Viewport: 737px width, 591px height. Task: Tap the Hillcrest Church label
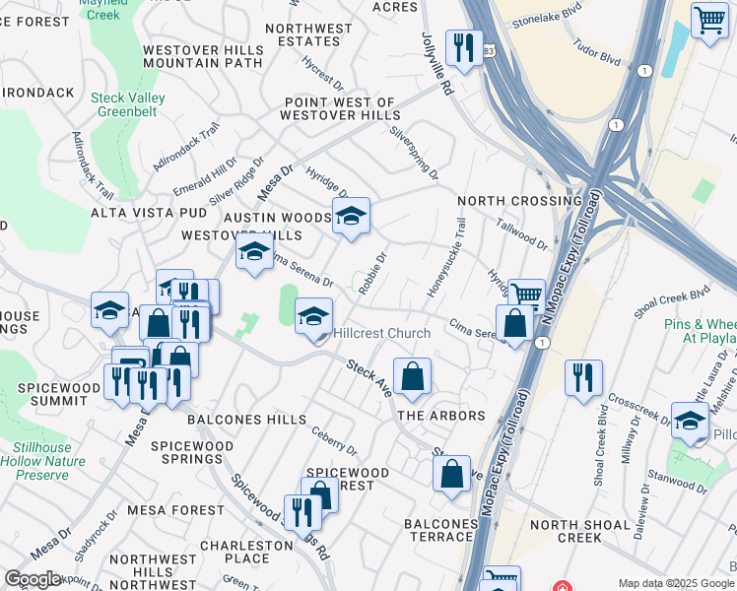pos(381,334)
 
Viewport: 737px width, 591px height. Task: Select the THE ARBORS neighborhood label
pos(441,416)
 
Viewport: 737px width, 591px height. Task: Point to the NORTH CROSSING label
pos(519,201)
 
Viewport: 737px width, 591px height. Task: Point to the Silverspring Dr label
pos(415,153)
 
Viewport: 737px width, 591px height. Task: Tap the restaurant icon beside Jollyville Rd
pos(460,46)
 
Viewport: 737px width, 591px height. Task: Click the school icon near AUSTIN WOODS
pos(351,216)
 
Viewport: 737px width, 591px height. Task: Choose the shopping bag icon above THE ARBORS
pos(412,375)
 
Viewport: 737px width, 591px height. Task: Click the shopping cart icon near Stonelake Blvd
pos(709,20)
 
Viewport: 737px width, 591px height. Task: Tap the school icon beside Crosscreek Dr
pos(690,420)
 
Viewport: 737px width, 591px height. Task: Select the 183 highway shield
pos(489,48)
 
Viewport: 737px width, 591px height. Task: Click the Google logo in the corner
pos(33,579)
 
